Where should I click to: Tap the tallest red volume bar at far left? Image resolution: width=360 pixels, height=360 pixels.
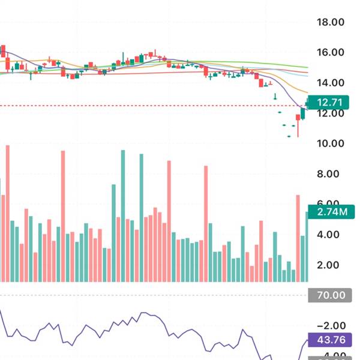(x=8, y=213)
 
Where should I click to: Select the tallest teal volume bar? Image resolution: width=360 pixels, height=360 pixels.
(x=123, y=216)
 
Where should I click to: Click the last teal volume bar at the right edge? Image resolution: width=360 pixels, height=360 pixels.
(x=307, y=246)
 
